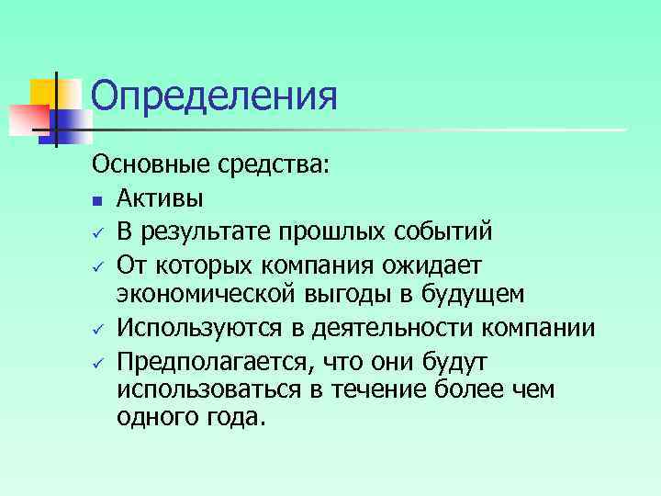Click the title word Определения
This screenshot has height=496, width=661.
pos(215,96)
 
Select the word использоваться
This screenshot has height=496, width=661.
pos(208,390)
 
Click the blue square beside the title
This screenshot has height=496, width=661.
pos(74,118)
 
